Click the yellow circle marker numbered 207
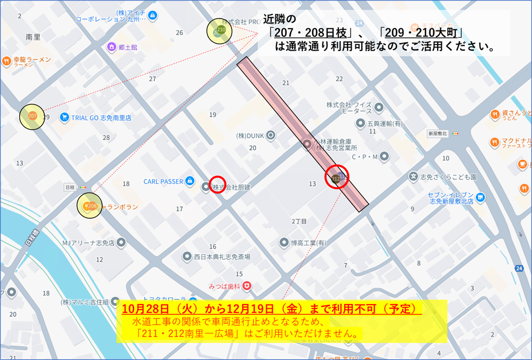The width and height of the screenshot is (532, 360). pos(31,116)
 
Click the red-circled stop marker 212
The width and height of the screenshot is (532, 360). pos(336,177)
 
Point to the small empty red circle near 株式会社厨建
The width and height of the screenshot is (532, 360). pos(217,185)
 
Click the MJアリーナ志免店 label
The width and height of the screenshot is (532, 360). pos(88,243)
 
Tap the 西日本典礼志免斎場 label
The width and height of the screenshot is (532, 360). pos(223,257)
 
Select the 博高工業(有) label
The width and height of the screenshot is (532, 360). pos(308,243)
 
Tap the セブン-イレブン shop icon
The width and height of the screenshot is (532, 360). pos(481,198)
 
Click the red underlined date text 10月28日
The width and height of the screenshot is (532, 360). pos(144,309)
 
